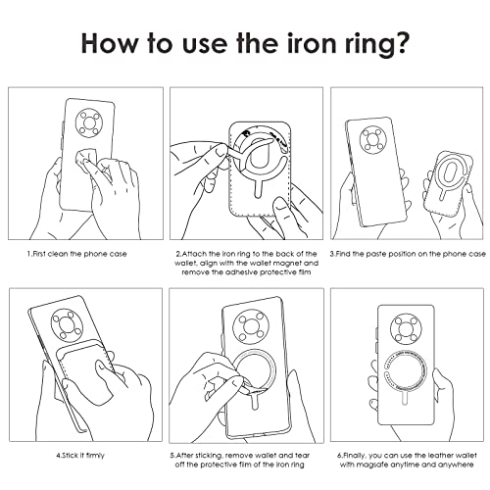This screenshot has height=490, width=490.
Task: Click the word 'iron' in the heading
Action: click(312, 43)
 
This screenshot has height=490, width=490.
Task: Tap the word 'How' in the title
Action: click(109, 43)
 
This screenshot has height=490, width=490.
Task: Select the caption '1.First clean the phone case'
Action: click(76, 254)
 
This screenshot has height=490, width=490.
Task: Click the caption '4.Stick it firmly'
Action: click(80, 455)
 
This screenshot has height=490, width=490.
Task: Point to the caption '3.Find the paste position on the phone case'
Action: click(408, 254)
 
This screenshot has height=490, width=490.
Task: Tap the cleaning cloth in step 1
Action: click(86, 160)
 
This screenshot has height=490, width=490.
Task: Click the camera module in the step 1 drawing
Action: click(89, 123)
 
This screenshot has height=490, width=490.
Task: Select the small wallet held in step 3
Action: click(448, 184)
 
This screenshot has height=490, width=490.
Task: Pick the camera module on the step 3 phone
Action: click(373, 140)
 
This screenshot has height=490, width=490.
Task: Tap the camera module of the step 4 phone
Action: click(68, 324)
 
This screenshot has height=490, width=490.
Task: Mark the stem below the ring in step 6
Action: click(406, 399)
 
